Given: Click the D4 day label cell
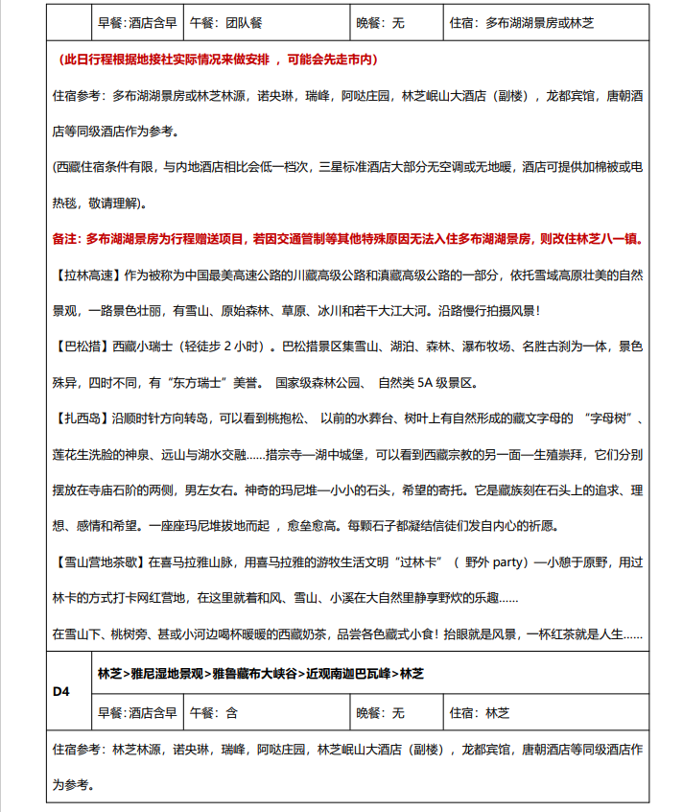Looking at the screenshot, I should pyautogui.click(x=61, y=690).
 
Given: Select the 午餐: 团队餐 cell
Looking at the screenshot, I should pyautogui.click(x=224, y=22).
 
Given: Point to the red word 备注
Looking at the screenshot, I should pyautogui.click(x=65, y=239).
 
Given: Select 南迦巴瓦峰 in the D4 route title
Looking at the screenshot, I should pyautogui.click(x=360, y=674).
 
